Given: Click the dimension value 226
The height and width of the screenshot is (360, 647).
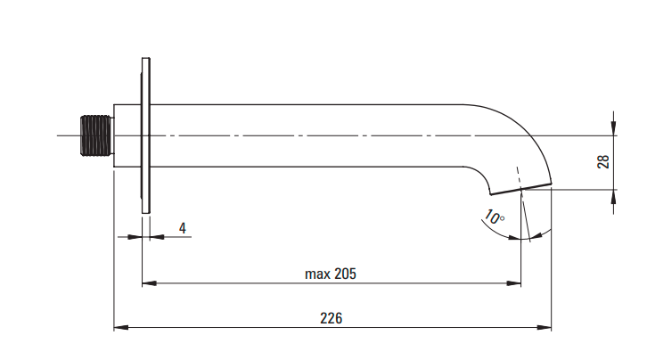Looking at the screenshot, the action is [x=331, y=318].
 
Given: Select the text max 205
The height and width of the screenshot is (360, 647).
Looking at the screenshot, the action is [x=330, y=274].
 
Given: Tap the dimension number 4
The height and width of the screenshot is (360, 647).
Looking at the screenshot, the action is [x=183, y=228].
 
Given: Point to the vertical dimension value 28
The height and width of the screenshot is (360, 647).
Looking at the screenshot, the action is [x=602, y=161].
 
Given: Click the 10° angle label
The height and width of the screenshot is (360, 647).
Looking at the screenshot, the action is [x=494, y=217].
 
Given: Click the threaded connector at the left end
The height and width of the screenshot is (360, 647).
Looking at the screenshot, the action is [x=96, y=135].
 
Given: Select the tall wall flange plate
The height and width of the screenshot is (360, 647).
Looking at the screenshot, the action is [x=145, y=135].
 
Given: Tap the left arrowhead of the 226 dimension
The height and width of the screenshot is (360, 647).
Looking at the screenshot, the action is [x=121, y=327].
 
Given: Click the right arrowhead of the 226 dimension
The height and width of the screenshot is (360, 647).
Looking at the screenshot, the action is [x=544, y=327].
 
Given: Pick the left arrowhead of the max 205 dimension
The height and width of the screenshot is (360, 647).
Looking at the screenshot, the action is [x=149, y=283].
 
